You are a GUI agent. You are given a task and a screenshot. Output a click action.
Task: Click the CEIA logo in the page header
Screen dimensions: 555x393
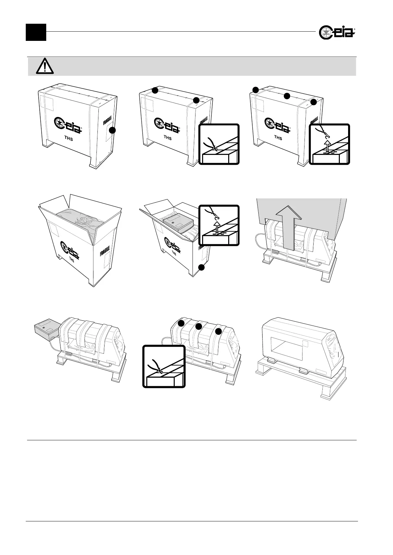[337, 33]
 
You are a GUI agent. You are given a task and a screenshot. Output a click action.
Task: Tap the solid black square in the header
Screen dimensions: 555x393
[36, 32]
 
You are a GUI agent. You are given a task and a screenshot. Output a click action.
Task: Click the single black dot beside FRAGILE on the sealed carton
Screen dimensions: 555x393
[113, 131]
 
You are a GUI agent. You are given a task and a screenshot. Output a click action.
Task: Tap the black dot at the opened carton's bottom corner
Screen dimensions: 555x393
[202, 268]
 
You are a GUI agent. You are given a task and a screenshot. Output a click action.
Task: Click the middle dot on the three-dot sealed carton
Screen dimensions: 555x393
[287, 96]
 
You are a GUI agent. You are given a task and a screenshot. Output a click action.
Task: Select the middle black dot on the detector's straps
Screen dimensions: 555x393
[198, 327]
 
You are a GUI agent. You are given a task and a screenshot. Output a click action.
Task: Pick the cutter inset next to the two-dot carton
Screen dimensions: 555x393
[219, 144]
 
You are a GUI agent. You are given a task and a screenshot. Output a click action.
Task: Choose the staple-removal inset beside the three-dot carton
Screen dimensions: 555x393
[329, 144]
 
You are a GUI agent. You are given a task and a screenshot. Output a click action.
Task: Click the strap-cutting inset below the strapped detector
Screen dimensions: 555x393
[164, 366]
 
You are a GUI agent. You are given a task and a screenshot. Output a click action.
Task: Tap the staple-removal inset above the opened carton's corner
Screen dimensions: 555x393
[219, 225]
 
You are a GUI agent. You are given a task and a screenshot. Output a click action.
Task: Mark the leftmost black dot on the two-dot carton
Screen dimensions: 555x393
[155, 90]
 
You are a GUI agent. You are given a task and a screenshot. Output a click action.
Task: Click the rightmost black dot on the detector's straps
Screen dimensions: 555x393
[218, 331]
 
